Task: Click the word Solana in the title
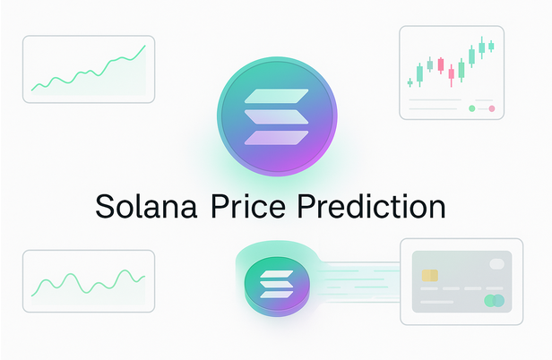146,205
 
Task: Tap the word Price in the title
248,205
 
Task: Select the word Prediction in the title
371,205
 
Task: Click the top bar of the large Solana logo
276,96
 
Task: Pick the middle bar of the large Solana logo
276,116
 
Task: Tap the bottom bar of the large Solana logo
276,138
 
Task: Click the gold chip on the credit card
430,276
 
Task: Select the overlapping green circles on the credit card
495,301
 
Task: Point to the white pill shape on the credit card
496,264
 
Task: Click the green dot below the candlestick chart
472,108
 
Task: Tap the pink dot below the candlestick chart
492,108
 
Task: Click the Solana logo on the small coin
276,285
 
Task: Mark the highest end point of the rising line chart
145,46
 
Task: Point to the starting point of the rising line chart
32,90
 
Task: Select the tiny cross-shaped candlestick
410,83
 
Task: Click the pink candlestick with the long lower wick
452,74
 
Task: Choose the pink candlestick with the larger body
440,65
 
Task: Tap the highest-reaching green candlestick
482,47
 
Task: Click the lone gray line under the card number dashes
437,302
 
